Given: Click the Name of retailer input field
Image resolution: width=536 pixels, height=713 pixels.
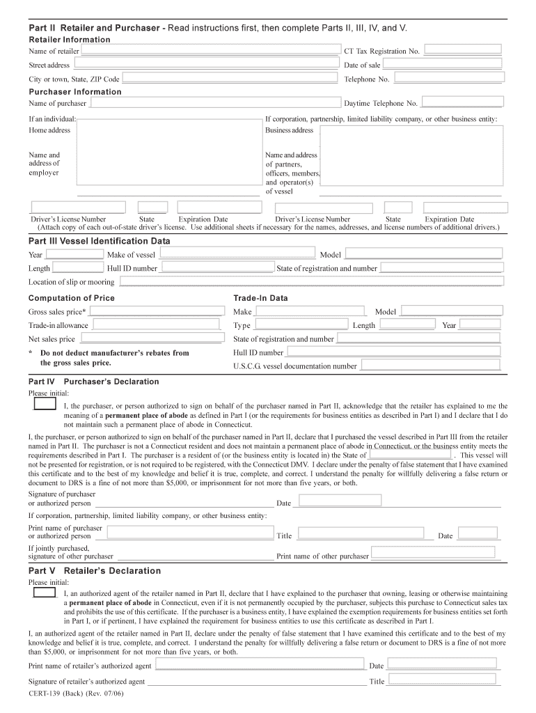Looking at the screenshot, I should click(x=210, y=51).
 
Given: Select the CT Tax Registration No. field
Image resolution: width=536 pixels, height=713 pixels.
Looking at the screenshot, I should click(x=462, y=50).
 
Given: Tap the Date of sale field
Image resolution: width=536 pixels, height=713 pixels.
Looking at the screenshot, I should click(x=442, y=64).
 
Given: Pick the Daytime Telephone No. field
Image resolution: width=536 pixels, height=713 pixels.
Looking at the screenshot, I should click(x=462, y=102).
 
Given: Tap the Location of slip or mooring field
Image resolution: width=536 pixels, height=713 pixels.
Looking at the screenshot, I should click(x=310, y=281).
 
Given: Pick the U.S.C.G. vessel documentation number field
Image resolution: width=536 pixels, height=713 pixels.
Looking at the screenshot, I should click(x=431, y=365).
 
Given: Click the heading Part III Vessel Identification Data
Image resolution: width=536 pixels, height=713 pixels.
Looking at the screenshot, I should click(x=99, y=241).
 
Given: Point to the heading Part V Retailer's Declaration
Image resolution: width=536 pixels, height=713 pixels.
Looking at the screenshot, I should click(x=95, y=571).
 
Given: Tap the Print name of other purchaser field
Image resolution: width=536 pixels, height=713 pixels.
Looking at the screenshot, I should click(x=436, y=554).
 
